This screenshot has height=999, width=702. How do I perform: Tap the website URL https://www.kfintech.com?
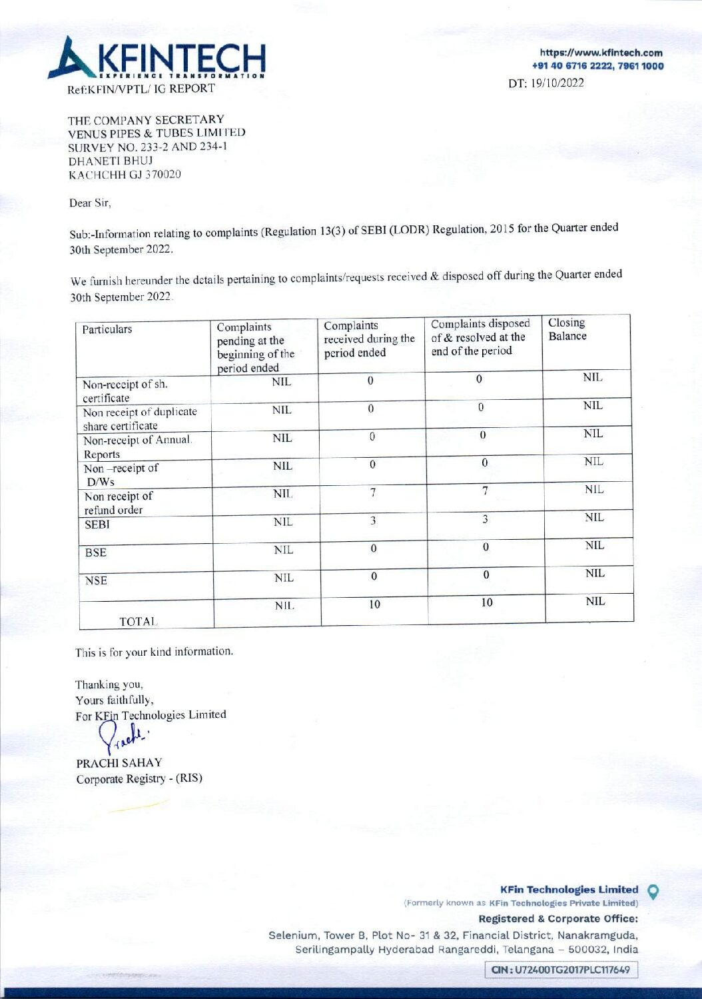(601, 53)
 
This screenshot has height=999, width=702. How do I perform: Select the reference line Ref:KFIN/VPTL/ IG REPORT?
(141, 89)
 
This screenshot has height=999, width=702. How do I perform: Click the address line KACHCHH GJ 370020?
(125, 175)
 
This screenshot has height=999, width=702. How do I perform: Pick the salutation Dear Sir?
(90, 203)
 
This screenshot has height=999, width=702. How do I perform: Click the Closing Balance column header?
(567, 329)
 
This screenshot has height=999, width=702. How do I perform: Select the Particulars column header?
(107, 329)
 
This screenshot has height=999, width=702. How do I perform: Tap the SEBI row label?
(97, 524)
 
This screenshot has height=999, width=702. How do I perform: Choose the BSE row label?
(96, 552)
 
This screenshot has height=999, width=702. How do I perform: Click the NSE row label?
(96, 580)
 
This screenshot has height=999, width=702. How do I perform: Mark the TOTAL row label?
(138, 621)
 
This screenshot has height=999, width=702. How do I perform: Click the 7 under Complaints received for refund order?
(373, 493)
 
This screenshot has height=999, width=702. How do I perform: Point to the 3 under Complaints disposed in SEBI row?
(486, 519)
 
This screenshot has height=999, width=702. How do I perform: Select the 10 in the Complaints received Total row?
(375, 604)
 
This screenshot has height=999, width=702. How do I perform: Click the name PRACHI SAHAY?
(119, 762)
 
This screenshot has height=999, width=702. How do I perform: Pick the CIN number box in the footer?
(560, 970)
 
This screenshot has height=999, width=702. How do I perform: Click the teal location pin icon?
(653, 891)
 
